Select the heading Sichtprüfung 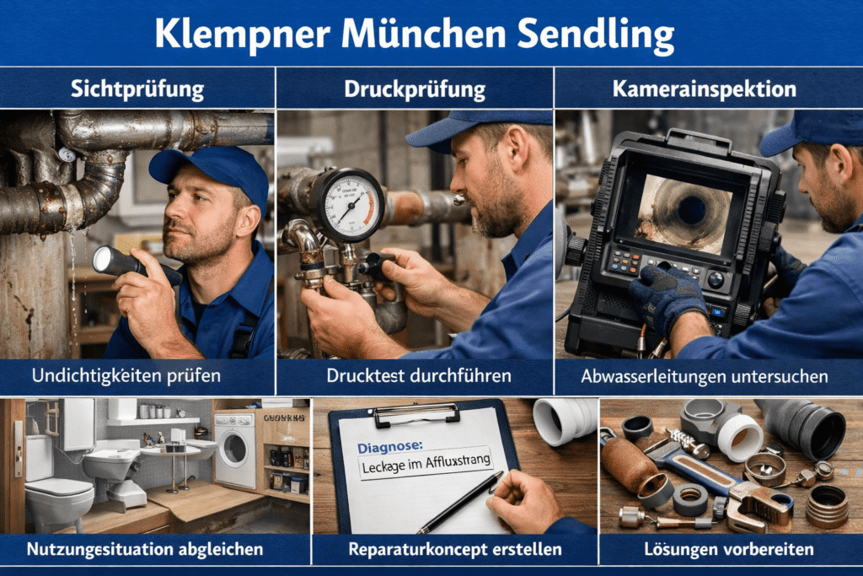pos(137,88)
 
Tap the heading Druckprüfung pos(415,88)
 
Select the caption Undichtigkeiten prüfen pos(137,376)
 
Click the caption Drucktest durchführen pos(415,376)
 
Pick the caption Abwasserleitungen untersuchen pos(705,376)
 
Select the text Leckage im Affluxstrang pos(425,463)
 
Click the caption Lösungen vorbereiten pos(729,550)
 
